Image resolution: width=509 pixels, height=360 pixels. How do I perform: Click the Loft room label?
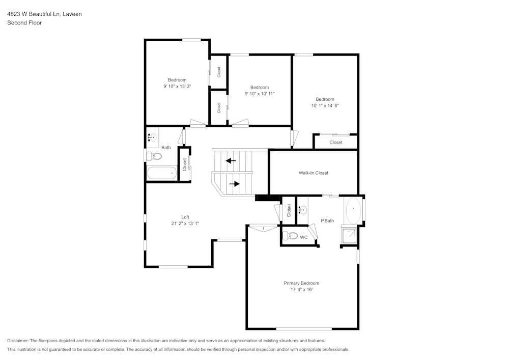pyautogui.click(x=185, y=217)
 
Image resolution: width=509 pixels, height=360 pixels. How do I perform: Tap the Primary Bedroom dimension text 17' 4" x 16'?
pyautogui.click(x=301, y=290)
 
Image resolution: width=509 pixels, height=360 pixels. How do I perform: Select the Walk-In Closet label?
pyautogui.click(x=313, y=173)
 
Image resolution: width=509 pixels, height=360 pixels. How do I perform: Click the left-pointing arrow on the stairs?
pyautogui.click(x=231, y=161)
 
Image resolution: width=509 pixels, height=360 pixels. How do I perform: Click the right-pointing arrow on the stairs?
pyautogui.click(x=235, y=184)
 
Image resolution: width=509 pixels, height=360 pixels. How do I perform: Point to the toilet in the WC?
pyautogui.click(x=290, y=236)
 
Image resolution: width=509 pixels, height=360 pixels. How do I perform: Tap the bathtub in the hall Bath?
pyautogui.click(x=161, y=173)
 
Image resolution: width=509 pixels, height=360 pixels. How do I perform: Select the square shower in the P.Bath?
pyautogui.click(x=350, y=236)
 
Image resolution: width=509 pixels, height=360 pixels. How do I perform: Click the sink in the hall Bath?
pyautogui.click(x=152, y=137)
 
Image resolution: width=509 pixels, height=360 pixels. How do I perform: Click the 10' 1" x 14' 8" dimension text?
pyautogui.click(x=325, y=105)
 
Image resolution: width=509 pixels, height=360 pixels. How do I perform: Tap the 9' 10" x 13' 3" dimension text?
pyautogui.click(x=177, y=87)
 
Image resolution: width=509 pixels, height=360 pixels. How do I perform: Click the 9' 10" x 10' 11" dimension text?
pyautogui.click(x=259, y=94)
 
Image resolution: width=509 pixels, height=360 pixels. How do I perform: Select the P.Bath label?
pyautogui.click(x=327, y=220)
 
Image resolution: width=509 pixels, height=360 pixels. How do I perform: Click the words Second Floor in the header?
pyautogui.click(x=24, y=23)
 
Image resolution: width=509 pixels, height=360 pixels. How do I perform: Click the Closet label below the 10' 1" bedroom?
pyautogui.click(x=335, y=143)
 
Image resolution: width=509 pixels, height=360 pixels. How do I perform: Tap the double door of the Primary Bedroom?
pyautogui.click(x=264, y=228)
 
